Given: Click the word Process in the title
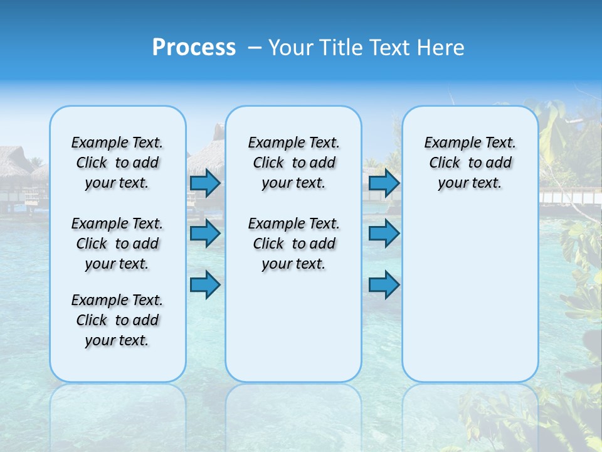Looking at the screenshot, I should pyautogui.click(x=194, y=48).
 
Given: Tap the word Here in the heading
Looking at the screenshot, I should pyautogui.click(x=441, y=48).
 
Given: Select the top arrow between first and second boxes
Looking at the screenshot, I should pyautogui.click(x=204, y=183).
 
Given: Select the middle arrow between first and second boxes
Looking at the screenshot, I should pyautogui.click(x=204, y=234).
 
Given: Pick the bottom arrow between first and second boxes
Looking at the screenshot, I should pyautogui.click(x=204, y=284).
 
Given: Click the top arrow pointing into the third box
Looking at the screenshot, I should pyautogui.click(x=384, y=183).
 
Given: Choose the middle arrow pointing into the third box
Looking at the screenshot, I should pyautogui.click(x=384, y=234).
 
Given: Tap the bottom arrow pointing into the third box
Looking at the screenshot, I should pyautogui.click(x=384, y=284).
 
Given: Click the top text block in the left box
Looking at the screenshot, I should pyautogui.click(x=117, y=163).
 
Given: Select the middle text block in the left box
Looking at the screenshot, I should pyautogui.click(x=117, y=244).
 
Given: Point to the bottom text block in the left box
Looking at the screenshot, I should pyautogui.click(x=117, y=320).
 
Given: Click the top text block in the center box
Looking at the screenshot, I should pyautogui.click(x=293, y=163).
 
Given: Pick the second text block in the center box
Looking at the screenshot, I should pyautogui.click(x=293, y=244).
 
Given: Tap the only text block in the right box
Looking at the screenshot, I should pyautogui.click(x=470, y=163).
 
